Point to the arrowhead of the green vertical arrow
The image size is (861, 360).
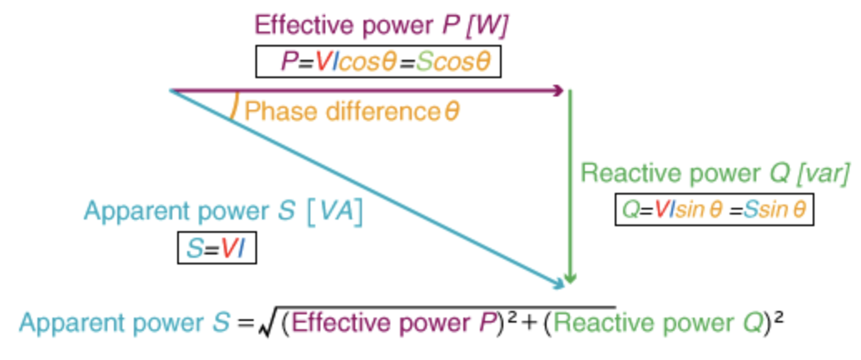tap(570, 279)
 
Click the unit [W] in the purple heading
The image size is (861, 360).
tap(487, 26)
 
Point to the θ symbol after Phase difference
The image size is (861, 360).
tap(451, 111)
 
